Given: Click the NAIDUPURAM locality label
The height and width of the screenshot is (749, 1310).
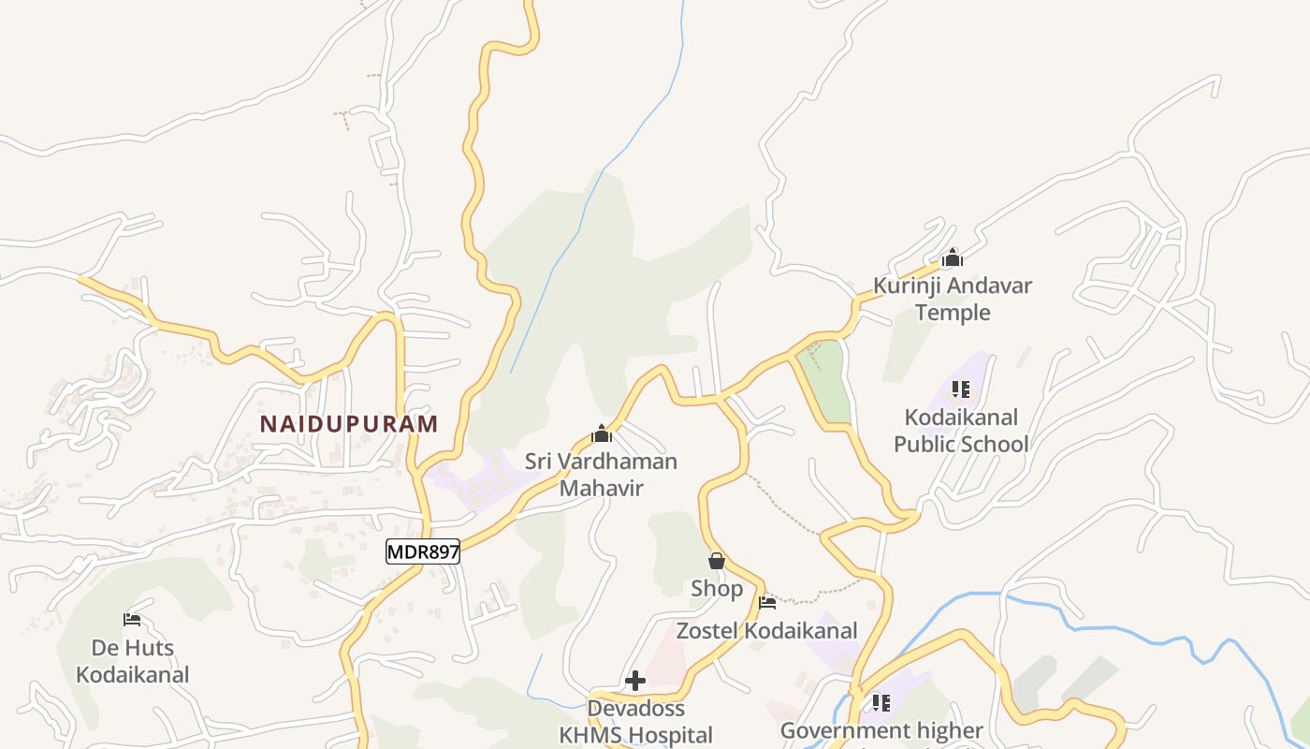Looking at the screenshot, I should point(348,423).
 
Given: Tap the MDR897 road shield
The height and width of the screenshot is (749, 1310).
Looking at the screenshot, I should point(423,551).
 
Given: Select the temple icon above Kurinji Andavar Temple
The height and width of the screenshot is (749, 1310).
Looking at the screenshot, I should point(953,257).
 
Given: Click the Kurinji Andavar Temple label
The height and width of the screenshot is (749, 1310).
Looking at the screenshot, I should point(953,299).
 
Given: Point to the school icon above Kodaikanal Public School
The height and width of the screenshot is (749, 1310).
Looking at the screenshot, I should point(960,389).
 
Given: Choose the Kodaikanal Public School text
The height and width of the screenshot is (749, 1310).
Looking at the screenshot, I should point(961,430).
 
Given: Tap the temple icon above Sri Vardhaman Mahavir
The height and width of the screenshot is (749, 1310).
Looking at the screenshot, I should point(602,433).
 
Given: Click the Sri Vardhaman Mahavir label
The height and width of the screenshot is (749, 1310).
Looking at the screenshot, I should point(601,474).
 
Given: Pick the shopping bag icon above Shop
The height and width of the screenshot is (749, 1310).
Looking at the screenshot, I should point(717,561).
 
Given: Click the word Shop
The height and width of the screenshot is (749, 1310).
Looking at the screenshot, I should point(717,588).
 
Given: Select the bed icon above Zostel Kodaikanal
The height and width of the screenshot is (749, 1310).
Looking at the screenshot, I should point(767,602).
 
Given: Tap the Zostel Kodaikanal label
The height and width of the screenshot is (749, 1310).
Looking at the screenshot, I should point(767,630).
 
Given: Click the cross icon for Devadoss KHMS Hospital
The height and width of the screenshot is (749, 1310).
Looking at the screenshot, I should point(635,681).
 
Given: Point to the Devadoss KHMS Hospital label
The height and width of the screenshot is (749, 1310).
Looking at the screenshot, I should point(636,721).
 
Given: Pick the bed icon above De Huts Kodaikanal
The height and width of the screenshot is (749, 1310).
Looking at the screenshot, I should point(132,620).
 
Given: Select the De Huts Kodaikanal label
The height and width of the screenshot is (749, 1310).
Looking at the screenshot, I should point(132,660).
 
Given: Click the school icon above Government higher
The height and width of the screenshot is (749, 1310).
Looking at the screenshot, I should point(881,702).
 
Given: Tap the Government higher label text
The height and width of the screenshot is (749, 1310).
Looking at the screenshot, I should point(881,730).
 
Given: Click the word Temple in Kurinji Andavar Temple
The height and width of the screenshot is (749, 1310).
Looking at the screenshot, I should point(953,312).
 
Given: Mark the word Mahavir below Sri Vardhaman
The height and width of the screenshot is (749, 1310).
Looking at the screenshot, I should point(601,488).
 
